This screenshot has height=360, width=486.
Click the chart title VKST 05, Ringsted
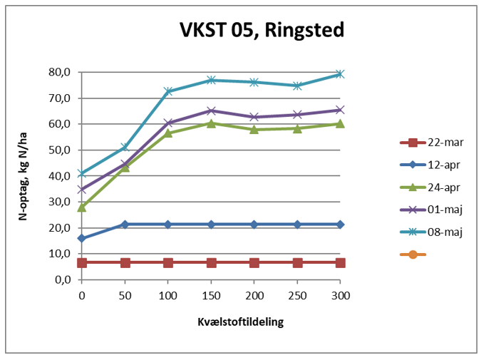261,31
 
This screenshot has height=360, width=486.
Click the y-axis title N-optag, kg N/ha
23,175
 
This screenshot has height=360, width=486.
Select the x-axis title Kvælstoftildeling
240,322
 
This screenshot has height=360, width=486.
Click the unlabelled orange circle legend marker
413,254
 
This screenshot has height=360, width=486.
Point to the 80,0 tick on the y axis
58,72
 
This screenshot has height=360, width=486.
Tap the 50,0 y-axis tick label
58,150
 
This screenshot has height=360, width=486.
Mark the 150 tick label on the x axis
211,294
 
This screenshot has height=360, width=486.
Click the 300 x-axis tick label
341,294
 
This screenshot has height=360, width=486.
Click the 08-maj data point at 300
341,74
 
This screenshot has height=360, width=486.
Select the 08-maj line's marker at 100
168,91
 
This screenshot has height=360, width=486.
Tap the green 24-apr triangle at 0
82,207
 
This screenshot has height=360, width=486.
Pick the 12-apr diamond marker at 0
82,238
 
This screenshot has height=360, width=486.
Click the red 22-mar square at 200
254,263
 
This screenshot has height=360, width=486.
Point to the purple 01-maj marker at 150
211,110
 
